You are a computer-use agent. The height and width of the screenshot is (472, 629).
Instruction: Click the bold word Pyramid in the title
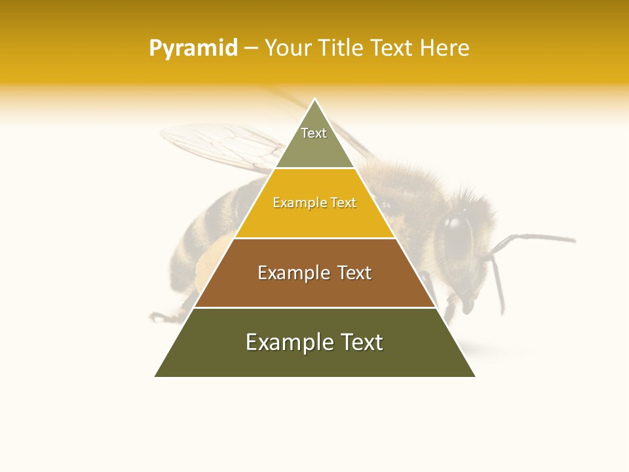tap(193, 49)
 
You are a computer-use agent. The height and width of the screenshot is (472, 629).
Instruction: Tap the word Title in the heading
tap(341, 49)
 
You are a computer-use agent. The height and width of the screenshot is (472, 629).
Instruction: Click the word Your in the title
tap(288, 49)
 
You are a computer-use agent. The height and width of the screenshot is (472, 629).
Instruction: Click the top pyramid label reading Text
tap(314, 133)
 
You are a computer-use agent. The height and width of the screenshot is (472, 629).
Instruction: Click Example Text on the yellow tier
tap(314, 203)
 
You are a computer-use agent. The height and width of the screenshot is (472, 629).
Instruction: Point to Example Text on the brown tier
tap(314, 273)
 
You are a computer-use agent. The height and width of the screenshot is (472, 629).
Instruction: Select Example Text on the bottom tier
tap(314, 342)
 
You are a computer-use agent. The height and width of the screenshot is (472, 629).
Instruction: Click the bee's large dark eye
tap(457, 233)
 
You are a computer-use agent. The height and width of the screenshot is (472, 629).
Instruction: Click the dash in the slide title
tap(251, 49)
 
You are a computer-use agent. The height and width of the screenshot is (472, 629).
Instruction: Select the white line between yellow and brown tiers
tap(314, 238)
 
